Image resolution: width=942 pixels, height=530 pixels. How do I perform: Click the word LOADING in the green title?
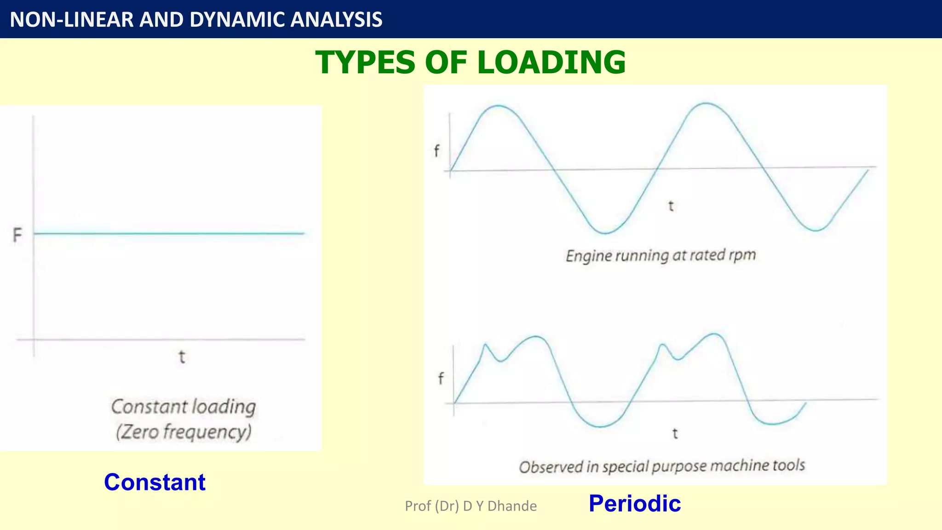click(551, 62)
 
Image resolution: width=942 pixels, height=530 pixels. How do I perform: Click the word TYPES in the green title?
click(366, 62)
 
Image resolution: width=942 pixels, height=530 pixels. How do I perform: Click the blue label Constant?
click(155, 482)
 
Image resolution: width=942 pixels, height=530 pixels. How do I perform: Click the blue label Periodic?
click(634, 503)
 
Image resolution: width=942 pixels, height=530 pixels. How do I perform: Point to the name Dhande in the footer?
click(512, 506)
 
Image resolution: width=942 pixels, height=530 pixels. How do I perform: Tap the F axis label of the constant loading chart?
click(17, 235)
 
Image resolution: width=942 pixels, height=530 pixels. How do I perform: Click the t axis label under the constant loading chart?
click(182, 357)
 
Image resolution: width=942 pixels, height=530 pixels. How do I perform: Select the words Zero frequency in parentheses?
click(184, 432)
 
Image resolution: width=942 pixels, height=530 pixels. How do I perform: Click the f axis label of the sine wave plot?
click(437, 150)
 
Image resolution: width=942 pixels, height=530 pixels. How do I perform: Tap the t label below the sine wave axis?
click(671, 206)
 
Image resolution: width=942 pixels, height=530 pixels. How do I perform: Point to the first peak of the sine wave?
click(499, 106)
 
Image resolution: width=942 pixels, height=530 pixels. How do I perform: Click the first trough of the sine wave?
click(605, 233)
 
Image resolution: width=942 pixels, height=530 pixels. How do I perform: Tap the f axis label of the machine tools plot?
click(441, 379)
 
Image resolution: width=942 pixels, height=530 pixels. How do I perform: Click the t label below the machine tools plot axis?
click(675, 433)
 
